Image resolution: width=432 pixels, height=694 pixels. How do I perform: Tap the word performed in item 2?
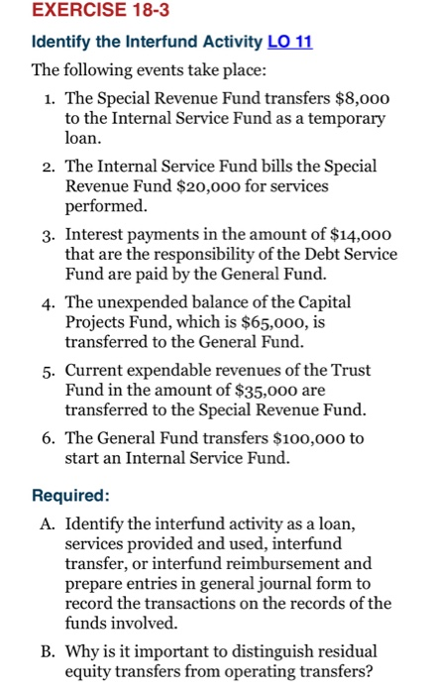coord(106,208)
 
